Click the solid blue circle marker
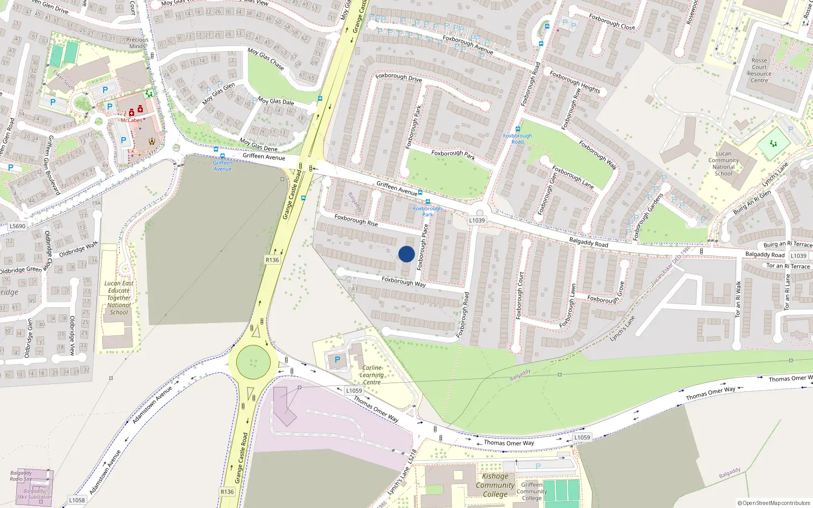(x=407, y=254)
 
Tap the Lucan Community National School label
(x=724, y=164)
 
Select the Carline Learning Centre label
(x=372, y=375)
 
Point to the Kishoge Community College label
(x=495, y=485)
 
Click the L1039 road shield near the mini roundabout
(x=477, y=220)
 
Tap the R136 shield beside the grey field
(x=272, y=260)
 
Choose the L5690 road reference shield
(x=17, y=226)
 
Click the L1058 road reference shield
(x=77, y=500)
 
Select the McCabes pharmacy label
(x=131, y=120)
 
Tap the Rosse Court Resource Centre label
(x=759, y=70)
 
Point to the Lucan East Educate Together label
(x=119, y=298)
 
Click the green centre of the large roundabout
(x=254, y=363)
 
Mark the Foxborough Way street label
(x=403, y=281)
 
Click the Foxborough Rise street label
(x=356, y=220)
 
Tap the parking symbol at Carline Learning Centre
(x=337, y=360)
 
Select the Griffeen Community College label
(x=531, y=491)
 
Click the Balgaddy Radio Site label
(x=21, y=476)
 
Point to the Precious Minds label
(x=137, y=43)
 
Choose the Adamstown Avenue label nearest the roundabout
(x=152, y=405)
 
